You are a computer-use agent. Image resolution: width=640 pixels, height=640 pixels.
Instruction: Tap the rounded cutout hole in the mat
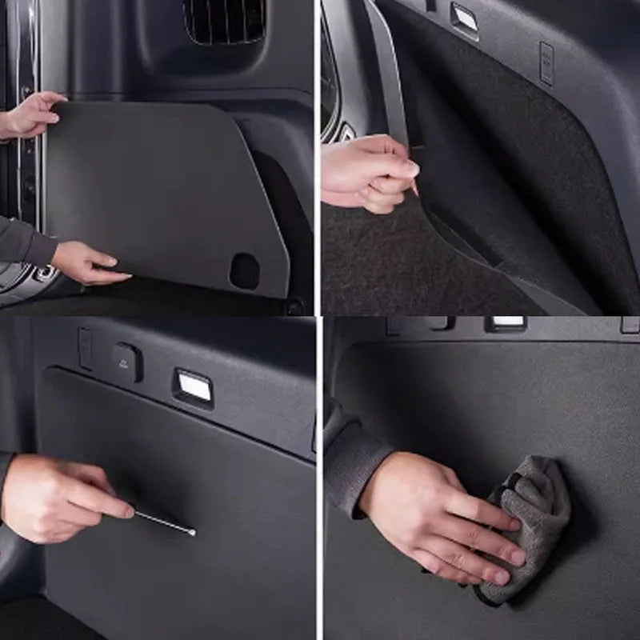(x=245, y=271)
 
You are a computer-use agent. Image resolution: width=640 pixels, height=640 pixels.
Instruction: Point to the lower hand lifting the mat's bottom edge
(x=86, y=263)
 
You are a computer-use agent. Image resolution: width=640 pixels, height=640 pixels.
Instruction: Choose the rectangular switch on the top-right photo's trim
(x=547, y=62)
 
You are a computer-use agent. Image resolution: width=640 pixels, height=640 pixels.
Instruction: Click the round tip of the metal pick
(x=192, y=531)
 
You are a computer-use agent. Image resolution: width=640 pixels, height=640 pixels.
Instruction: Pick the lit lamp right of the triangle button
(x=194, y=387)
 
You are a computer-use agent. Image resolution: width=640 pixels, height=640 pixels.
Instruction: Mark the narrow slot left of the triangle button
(x=86, y=348)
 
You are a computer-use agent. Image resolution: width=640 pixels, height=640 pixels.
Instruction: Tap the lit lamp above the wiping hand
(x=506, y=322)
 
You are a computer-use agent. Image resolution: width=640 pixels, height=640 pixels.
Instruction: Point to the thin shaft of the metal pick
(x=163, y=522)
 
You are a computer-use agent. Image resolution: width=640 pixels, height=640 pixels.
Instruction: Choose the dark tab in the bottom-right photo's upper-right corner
(x=630, y=325)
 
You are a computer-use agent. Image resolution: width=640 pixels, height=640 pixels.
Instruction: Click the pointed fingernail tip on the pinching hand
(x=415, y=190)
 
